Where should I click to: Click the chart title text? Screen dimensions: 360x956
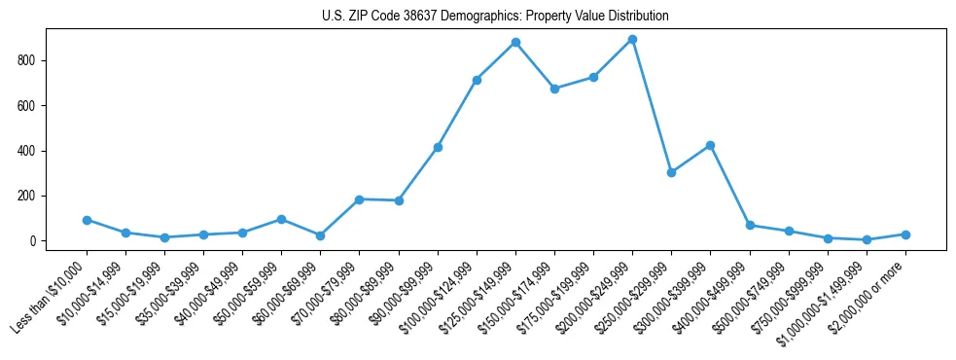point(495,17)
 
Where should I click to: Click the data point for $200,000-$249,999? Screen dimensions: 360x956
point(632,39)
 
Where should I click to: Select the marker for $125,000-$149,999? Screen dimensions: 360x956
point(515,42)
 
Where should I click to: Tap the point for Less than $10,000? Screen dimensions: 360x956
point(87,220)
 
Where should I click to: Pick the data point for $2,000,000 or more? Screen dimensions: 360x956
point(905,234)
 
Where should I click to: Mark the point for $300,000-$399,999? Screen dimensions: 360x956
point(710,145)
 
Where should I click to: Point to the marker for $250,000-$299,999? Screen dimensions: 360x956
point(671,172)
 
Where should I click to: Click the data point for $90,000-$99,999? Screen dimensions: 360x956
point(438,147)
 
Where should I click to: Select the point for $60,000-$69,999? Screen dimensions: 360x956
point(320,235)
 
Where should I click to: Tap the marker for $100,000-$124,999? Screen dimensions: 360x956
point(477,80)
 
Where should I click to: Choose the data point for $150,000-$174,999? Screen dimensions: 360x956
point(554,89)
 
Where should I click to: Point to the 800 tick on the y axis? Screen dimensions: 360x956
point(38,60)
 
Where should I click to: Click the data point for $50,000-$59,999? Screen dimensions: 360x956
point(281,220)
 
